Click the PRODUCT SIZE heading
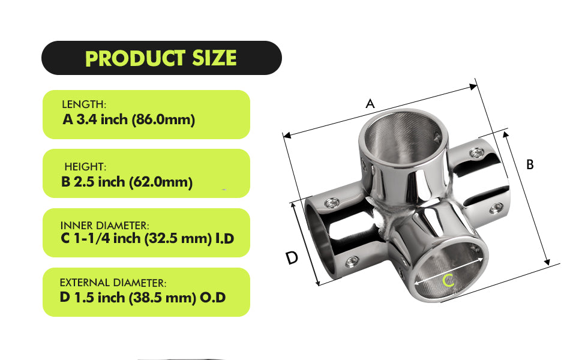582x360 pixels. click(x=161, y=58)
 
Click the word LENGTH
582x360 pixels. click(x=83, y=104)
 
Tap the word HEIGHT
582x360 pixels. click(x=85, y=166)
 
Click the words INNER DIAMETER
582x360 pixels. click(x=104, y=225)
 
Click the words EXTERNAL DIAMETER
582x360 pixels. click(x=113, y=283)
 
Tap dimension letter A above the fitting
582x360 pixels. click(x=370, y=104)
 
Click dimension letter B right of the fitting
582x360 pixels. click(x=530, y=164)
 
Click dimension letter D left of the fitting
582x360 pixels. click(x=292, y=258)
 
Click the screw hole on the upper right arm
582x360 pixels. click(x=478, y=152)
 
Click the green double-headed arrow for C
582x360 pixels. click(x=450, y=271)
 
